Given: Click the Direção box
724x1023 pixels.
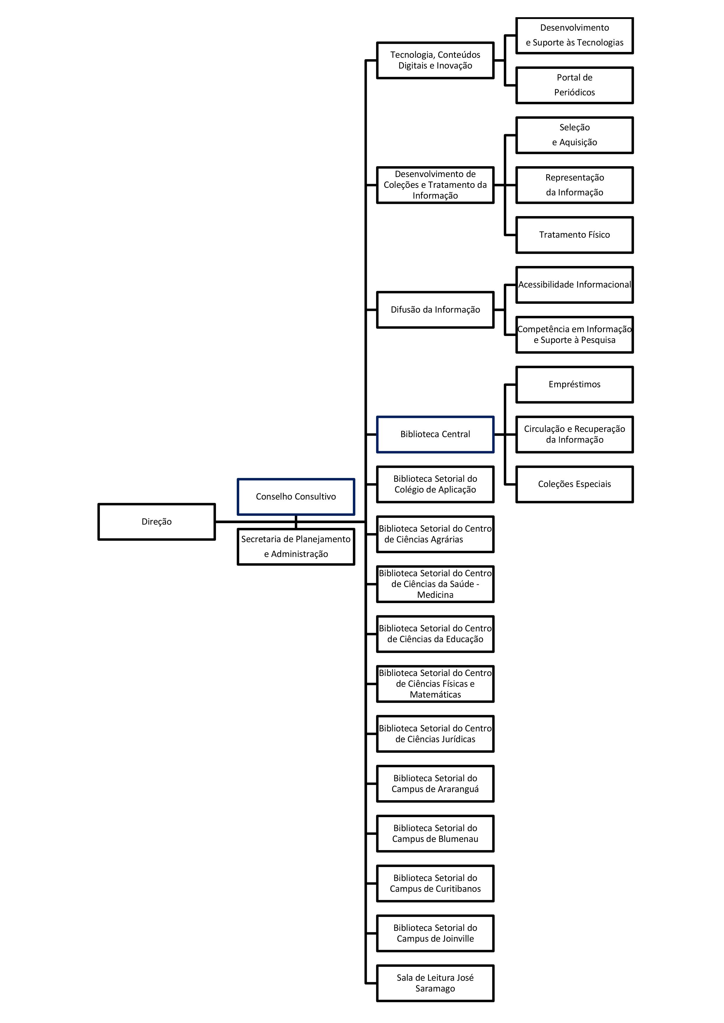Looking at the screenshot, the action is coord(156,521).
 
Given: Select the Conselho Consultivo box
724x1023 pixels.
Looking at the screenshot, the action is coord(296,496).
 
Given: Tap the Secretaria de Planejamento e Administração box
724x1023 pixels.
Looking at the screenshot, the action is coord(296,547).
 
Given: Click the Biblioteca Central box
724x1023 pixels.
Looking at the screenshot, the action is coord(435,435).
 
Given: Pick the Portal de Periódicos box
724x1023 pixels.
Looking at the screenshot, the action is coord(574,85).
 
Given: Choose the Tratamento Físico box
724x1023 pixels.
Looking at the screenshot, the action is coord(574,235).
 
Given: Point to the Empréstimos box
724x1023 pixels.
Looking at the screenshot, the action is coord(574,385).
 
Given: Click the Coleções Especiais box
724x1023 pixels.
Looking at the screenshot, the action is coord(574,484).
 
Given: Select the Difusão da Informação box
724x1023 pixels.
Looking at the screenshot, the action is coord(435,310).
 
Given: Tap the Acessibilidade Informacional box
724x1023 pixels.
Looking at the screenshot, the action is coord(574,285).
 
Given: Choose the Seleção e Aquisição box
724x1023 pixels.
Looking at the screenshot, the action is coord(574,135).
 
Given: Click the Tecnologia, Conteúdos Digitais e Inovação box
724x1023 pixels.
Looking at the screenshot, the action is coord(435,60).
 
